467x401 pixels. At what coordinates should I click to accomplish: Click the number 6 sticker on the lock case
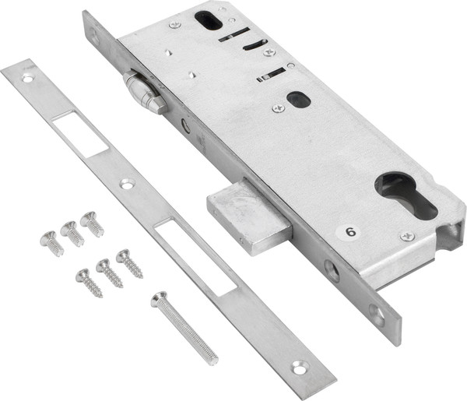(348, 231)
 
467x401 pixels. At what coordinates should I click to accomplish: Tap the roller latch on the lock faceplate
(145, 92)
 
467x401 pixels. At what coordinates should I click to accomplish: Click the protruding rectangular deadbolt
(250, 216)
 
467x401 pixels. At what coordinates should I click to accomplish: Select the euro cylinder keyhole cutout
(406, 194)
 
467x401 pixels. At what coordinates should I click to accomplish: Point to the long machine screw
(184, 328)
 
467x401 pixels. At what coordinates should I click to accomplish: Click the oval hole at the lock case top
(209, 20)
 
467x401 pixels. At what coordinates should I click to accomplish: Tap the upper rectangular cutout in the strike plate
(79, 134)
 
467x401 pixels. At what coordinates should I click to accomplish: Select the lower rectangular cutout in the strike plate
(195, 257)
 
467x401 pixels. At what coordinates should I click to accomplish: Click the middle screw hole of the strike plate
(127, 184)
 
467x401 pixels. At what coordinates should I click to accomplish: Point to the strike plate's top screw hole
(28, 79)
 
